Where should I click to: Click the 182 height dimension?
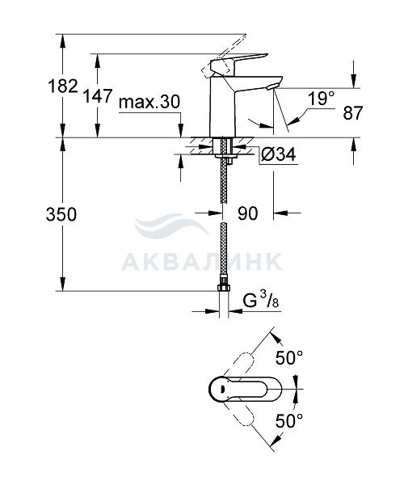click(x=63, y=86)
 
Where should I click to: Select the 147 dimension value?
click(x=98, y=95)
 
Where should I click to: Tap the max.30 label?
click(x=149, y=102)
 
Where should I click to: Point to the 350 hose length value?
click(x=61, y=214)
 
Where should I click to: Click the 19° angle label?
click(x=321, y=99)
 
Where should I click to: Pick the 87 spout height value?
click(x=352, y=113)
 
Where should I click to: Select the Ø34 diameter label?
click(x=279, y=154)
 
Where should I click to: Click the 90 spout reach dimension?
click(x=247, y=213)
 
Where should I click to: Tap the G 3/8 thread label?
click(x=261, y=300)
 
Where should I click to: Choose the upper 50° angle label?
click(x=289, y=358)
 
